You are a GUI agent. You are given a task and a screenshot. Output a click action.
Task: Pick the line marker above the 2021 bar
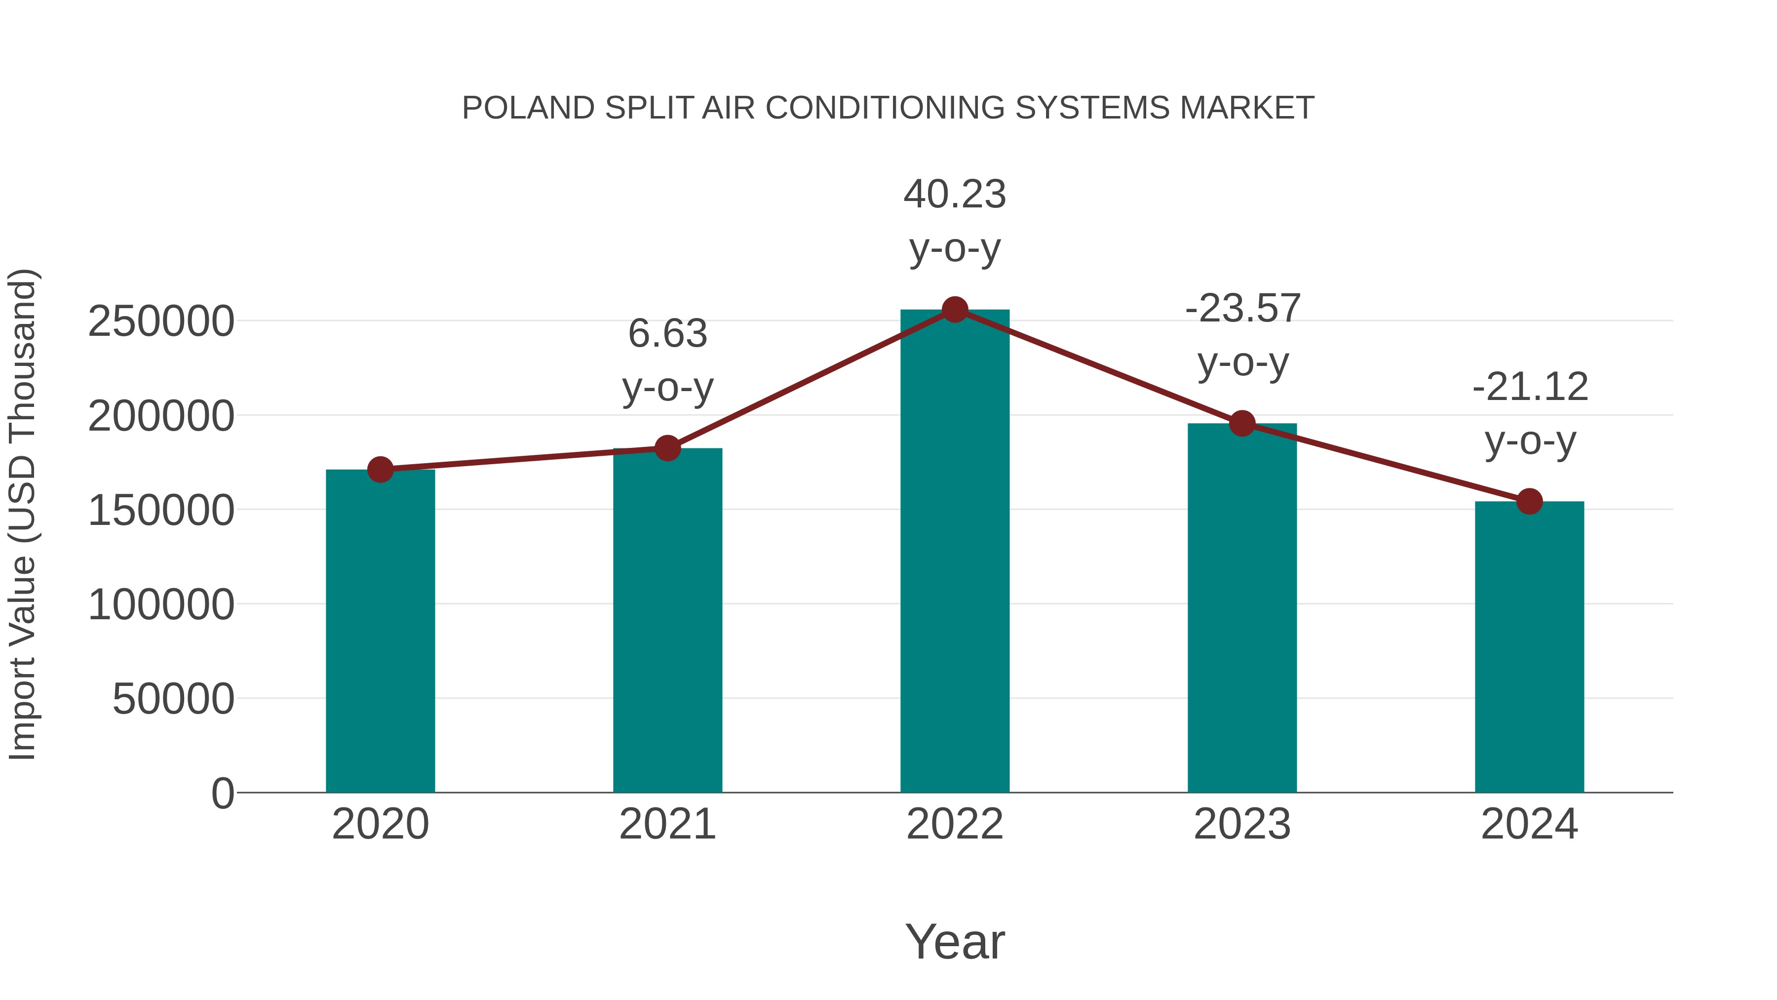click(x=667, y=448)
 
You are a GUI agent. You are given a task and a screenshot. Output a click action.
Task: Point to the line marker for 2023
click(x=1242, y=424)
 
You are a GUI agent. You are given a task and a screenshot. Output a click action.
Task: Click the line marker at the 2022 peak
click(x=955, y=310)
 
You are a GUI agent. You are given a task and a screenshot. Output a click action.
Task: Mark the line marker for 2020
click(x=380, y=470)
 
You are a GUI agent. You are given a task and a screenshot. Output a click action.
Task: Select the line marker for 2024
click(x=1529, y=502)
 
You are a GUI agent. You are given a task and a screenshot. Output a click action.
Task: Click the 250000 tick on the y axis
click(x=161, y=321)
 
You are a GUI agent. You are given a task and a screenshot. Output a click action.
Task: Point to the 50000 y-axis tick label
click(x=173, y=699)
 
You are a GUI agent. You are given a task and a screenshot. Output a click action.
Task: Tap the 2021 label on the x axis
click(x=667, y=824)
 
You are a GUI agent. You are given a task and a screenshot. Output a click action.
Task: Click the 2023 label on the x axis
click(x=1242, y=824)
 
